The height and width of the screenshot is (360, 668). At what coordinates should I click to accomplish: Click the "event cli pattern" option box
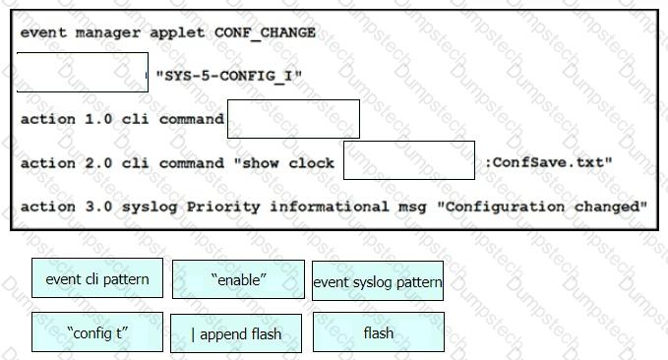tap(97, 277)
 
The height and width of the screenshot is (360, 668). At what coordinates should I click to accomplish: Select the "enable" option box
tap(238, 279)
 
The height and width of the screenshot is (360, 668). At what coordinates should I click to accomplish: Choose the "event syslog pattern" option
tap(378, 280)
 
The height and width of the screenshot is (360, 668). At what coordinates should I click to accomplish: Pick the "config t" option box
tap(97, 331)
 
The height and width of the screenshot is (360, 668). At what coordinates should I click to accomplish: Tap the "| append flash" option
tap(236, 333)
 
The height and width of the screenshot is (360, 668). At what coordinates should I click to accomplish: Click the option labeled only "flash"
tap(379, 331)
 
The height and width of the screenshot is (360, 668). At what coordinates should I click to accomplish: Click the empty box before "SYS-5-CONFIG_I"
tap(83, 73)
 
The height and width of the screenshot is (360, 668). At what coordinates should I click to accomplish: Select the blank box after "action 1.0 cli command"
tap(293, 119)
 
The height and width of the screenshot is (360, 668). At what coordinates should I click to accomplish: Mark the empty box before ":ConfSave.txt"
tap(409, 160)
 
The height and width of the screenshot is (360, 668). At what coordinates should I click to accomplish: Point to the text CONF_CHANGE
tap(265, 32)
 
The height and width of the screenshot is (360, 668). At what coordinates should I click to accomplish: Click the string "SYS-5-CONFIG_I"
tap(229, 77)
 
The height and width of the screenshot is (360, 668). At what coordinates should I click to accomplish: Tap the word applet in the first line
tap(177, 33)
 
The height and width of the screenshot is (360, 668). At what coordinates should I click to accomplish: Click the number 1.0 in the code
tap(98, 119)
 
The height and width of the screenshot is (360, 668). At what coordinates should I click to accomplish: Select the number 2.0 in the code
tap(98, 162)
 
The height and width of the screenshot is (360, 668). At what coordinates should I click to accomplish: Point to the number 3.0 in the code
tap(98, 207)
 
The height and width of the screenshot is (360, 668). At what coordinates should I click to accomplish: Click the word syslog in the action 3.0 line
tap(150, 208)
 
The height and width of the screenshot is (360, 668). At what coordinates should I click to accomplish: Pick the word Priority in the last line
tap(223, 208)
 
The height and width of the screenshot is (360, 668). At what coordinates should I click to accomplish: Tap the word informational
tap(330, 207)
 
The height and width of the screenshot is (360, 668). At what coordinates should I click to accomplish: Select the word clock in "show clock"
tap(312, 162)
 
